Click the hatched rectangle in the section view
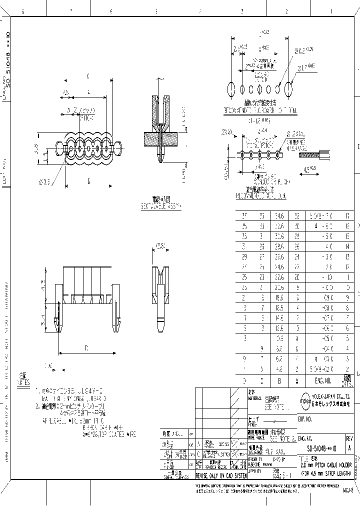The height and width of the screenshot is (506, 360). coord(161,138)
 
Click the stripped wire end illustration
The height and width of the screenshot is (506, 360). coord(314,154)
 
